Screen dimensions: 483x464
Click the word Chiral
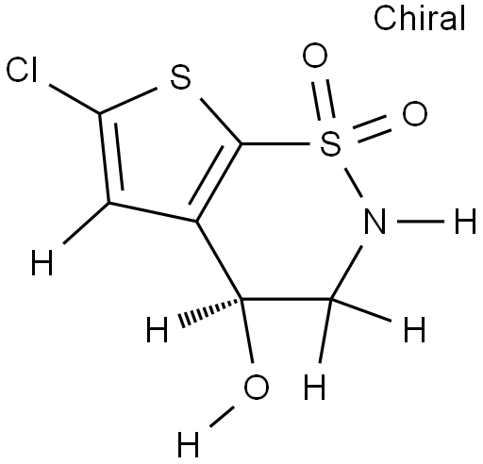click(x=420, y=19)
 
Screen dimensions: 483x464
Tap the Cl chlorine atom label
click(x=22, y=71)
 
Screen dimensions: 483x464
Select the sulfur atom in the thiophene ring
click(x=180, y=77)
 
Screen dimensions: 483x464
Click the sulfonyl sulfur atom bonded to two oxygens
click(x=330, y=143)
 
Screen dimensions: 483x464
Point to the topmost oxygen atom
click(x=315, y=56)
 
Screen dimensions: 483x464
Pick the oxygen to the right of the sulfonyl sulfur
click(x=415, y=114)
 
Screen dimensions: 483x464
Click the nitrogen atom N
click(x=375, y=222)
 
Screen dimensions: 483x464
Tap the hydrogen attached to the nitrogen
click(x=465, y=222)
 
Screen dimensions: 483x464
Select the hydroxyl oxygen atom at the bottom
click(x=257, y=387)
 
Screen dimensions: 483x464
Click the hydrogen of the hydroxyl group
click(x=188, y=444)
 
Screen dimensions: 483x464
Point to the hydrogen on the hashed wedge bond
click(x=157, y=329)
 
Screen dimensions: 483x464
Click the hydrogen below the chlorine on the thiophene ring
click(x=42, y=263)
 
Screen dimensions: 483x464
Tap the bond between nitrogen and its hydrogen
click(x=421, y=222)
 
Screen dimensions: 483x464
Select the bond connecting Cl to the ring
click(x=75, y=99)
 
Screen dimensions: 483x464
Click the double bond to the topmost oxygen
click(x=323, y=100)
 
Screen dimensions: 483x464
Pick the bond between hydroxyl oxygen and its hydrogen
click(x=222, y=417)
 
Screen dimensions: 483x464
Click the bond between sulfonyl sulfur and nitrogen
click(x=354, y=183)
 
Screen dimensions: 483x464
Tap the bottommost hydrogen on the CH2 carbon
click(x=315, y=388)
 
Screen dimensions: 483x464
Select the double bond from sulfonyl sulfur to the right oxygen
click(x=372, y=128)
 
